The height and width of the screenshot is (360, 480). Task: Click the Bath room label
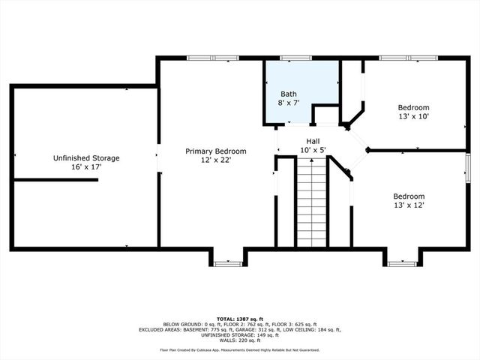click(x=289, y=93)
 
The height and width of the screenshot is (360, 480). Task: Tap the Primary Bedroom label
click(x=216, y=151)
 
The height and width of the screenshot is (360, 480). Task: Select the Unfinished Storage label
click(x=86, y=158)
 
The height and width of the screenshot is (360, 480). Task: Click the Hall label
click(x=314, y=141)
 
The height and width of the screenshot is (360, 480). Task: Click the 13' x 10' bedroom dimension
click(x=413, y=116)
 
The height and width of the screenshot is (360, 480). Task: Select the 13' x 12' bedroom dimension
click(x=409, y=205)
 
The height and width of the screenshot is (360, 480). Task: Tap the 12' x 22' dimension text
click(x=216, y=160)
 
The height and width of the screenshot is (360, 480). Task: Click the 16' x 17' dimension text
click(x=86, y=167)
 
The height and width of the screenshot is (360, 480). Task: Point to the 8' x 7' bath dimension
click(x=289, y=102)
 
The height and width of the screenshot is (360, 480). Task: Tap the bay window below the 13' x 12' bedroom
click(x=403, y=262)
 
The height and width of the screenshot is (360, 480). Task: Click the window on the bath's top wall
click(x=295, y=58)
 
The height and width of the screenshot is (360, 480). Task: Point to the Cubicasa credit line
click(x=240, y=349)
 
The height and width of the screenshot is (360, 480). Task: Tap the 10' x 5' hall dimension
click(x=314, y=150)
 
